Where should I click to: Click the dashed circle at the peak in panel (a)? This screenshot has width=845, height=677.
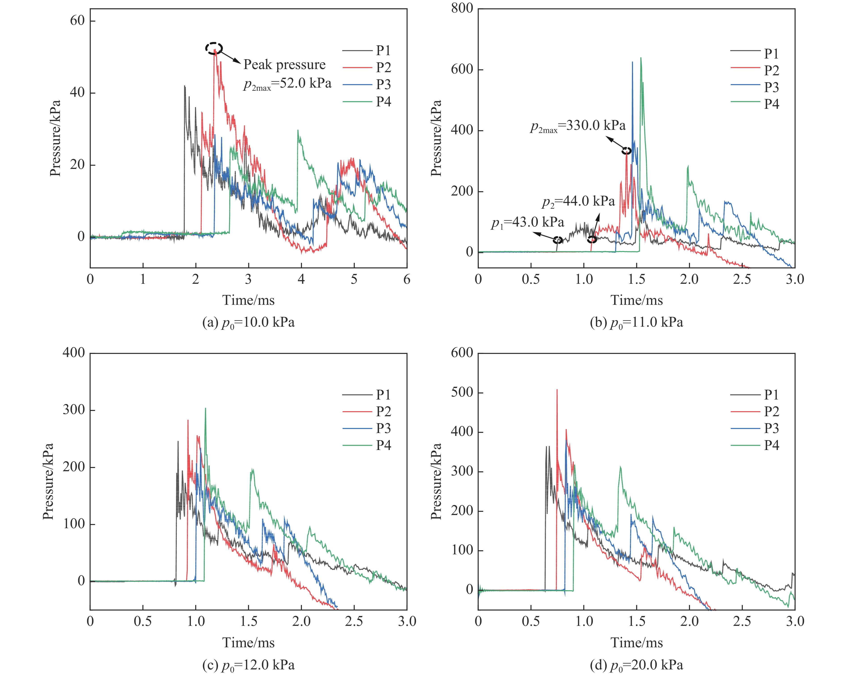(x=214, y=48)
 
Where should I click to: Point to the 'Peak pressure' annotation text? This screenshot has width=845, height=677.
(x=285, y=65)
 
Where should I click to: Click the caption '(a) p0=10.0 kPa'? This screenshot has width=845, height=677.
(x=249, y=322)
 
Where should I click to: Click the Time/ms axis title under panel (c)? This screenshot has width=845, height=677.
(x=249, y=643)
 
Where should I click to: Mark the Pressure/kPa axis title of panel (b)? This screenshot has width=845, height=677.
(x=436, y=138)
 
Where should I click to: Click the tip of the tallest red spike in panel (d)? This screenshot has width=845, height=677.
(x=557, y=390)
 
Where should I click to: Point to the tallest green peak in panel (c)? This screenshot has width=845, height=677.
(x=205, y=408)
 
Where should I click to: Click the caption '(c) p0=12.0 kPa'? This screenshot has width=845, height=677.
(x=249, y=665)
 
